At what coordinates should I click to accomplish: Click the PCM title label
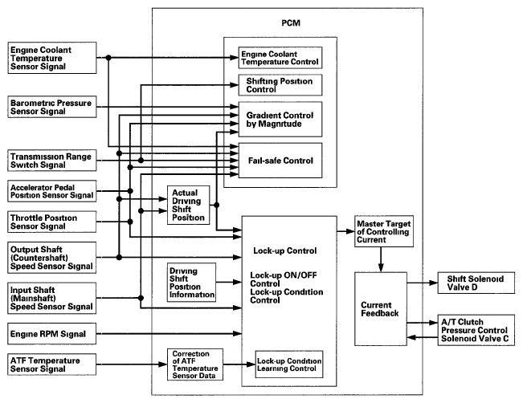[x=291, y=23]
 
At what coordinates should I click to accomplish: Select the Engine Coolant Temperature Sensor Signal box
[x=52, y=58]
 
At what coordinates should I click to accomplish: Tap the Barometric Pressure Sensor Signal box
[x=52, y=107]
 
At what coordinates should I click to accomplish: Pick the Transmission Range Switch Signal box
[x=52, y=161]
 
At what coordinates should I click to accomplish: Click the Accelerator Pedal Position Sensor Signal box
[x=52, y=191]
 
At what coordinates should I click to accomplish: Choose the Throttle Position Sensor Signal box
[x=52, y=222]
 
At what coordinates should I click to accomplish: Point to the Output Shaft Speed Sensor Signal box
[x=52, y=258]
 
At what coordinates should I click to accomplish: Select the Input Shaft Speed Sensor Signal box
[x=52, y=299]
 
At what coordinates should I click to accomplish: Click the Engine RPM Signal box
[x=52, y=334]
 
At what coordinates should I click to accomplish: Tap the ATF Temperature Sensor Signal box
[x=52, y=364]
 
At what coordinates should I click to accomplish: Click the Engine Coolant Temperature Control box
[x=280, y=58]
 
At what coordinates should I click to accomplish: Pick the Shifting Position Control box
[x=280, y=85]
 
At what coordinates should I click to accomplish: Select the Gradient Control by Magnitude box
[x=280, y=120]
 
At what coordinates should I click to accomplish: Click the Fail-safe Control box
[x=280, y=161]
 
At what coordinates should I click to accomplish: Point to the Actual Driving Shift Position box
[x=189, y=205]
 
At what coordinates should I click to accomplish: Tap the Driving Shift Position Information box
[x=191, y=283]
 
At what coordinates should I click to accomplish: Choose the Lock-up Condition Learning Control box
[x=289, y=364]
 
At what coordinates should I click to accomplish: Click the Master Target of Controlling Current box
[x=384, y=231]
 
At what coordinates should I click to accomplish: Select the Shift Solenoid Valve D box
[x=476, y=283]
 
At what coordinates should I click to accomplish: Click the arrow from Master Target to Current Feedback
[x=381, y=259]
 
